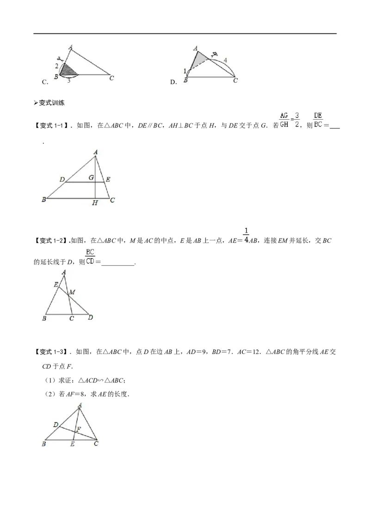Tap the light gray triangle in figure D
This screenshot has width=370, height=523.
tap(198, 60)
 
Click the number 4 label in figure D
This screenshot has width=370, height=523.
tap(225, 61)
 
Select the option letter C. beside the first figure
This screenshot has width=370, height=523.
tap(45, 82)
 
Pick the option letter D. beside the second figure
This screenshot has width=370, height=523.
tap(173, 82)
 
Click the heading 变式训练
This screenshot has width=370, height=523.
tap(49, 103)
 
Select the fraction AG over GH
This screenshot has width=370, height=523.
tap(284, 120)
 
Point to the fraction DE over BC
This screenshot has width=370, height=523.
tap(318, 120)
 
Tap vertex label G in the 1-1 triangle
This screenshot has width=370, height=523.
tap(91, 178)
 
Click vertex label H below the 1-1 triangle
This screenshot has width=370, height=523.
tap(95, 203)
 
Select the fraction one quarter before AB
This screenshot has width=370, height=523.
tap(247, 235)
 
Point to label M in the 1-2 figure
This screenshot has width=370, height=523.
tap(72, 292)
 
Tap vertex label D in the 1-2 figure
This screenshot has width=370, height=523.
tap(91, 317)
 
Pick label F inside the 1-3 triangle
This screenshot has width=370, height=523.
tap(79, 429)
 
